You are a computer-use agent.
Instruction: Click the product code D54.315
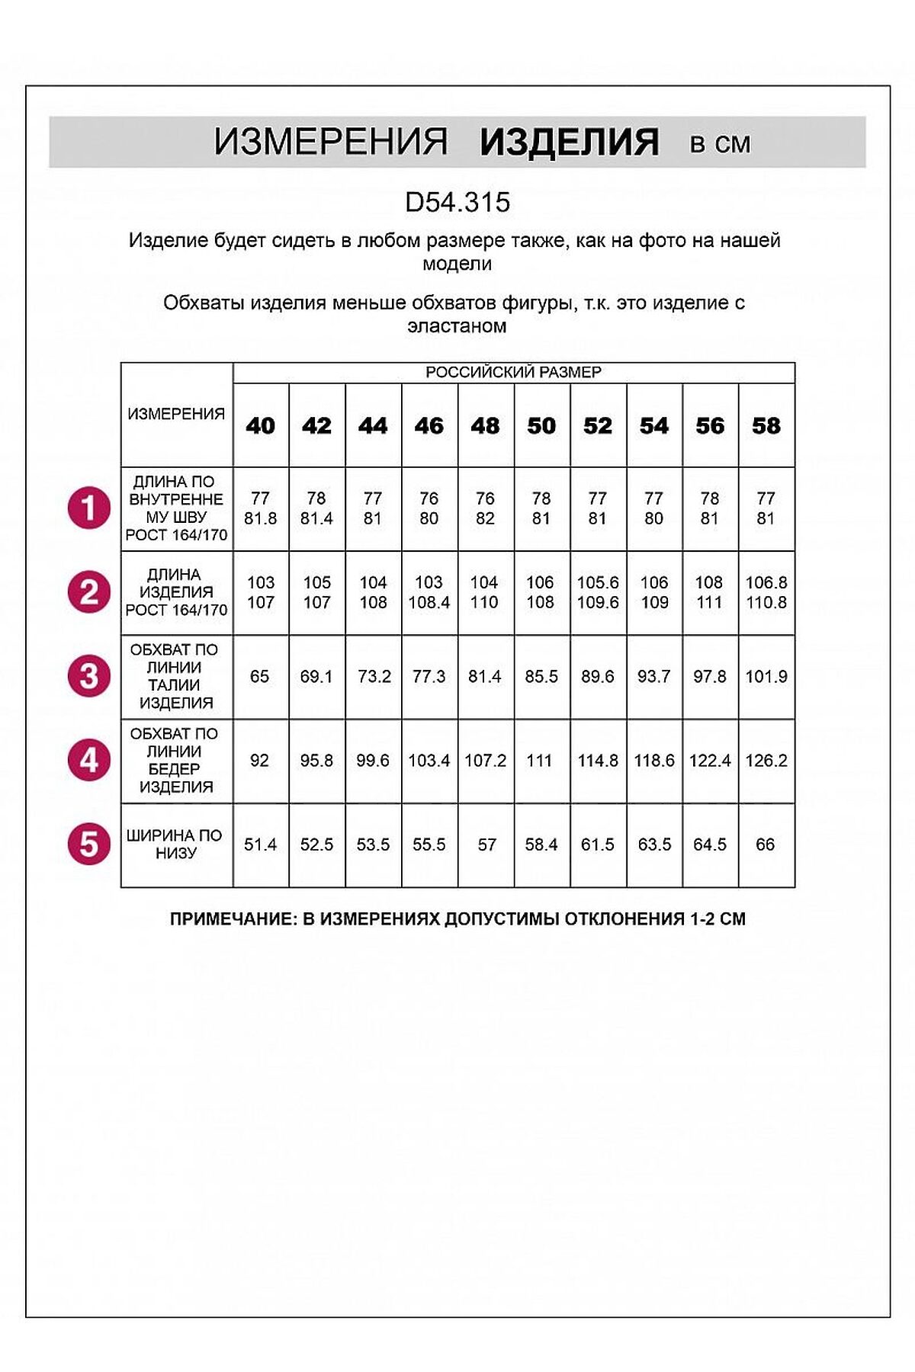point(457,202)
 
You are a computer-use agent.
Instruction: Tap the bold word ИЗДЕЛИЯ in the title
point(569,143)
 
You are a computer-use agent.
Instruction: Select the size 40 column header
point(261,425)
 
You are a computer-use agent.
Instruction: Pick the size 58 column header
point(766,425)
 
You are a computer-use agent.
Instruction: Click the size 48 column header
point(486,425)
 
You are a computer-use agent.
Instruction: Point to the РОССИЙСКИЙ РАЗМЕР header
point(513,373)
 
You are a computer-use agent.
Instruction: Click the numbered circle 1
point(89,508)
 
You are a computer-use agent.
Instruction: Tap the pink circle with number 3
point(89,676)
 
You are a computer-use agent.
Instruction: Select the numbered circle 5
point(89,845)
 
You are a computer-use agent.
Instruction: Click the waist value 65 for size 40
point(260,677)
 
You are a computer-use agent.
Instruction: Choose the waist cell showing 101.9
point(766,677)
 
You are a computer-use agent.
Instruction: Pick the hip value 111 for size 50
point(540,761)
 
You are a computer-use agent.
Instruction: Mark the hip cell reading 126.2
point(766,761)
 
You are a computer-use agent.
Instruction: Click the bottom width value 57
point(486,845)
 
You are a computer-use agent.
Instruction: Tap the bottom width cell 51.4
point(260,845)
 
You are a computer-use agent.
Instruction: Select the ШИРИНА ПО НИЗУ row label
point(175,845)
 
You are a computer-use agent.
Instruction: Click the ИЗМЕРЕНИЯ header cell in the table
point(176,414)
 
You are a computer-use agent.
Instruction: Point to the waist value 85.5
point(541,677)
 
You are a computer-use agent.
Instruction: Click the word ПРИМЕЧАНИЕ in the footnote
point(232,919)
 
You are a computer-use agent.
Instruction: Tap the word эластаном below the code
point(457,326)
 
